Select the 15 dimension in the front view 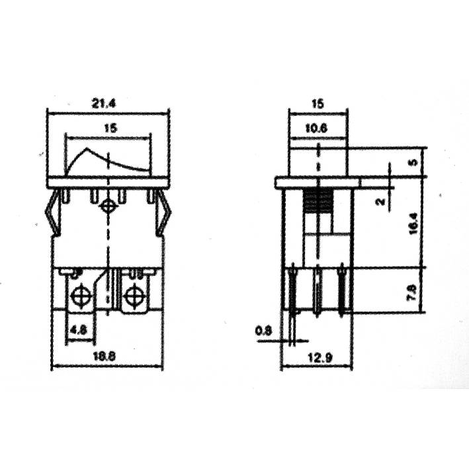tap(110, 129)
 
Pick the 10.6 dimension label tap(318, 130)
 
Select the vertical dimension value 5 tap(414, 161)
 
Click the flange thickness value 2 tap(380, 202)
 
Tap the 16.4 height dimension tap(414, 224)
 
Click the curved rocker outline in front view tap(106, 161)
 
